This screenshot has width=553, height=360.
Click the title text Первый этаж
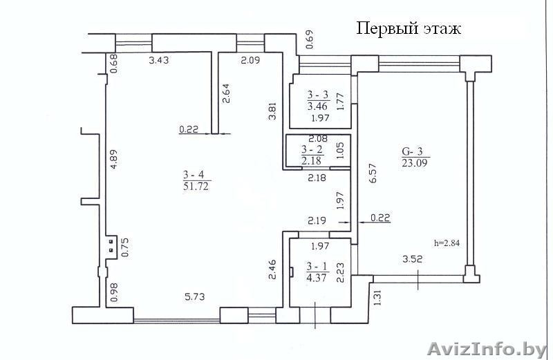point(409,29)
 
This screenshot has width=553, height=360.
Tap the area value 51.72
point(197,187)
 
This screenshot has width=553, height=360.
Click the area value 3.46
point(317,106)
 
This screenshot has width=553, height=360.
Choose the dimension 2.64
point(226,93)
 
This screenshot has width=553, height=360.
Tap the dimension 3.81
point(272,111)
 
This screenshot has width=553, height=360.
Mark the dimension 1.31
point(377,296)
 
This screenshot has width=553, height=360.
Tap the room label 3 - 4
point(197,174)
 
